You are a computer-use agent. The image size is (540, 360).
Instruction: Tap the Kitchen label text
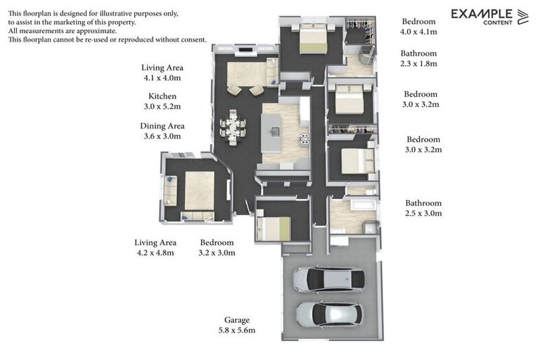click(162, 96)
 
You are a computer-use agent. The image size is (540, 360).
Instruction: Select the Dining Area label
click(162, 126)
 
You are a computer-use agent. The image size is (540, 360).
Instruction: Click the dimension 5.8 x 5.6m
click(236, 330)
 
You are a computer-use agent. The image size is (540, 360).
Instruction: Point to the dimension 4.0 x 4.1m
click(418, 32)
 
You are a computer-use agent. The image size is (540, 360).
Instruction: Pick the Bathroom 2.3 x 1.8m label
click(418, 58)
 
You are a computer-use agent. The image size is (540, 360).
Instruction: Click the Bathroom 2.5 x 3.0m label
click(423, 208)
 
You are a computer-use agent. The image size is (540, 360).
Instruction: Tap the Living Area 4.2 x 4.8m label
click(155, 247)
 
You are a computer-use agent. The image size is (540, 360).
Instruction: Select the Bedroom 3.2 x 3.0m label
click(217, 247)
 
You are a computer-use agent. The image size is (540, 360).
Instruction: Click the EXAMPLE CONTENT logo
click(489, 17)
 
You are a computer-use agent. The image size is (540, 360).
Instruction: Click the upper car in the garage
click(328, 279)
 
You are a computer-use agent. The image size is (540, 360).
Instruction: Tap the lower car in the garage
click(329, 314)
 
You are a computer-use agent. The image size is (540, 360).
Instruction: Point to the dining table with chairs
click(233, 128)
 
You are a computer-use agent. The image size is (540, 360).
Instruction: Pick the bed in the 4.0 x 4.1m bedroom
click(313, 38)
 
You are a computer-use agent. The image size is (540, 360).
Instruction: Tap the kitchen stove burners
click(304, 139)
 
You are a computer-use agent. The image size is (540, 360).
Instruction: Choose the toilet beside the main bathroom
click(371, 191)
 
